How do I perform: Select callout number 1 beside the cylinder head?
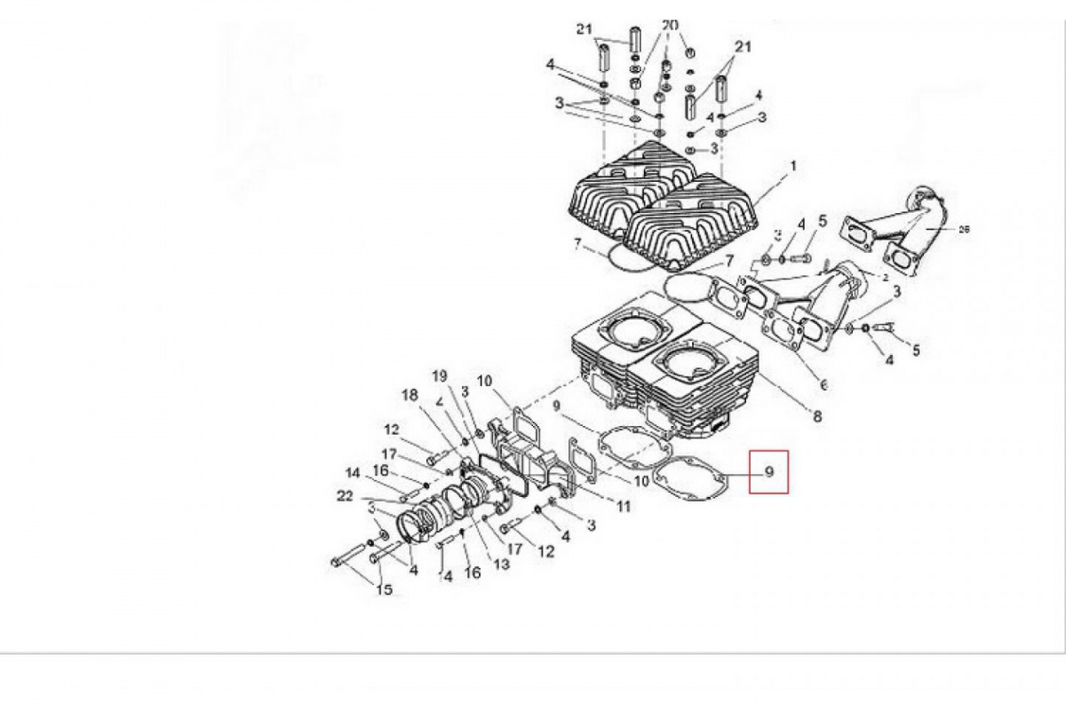click(793, 166)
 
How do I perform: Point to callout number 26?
click(964, 228)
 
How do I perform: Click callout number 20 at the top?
click(670, 24)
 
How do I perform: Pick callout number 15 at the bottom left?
click(384, 590)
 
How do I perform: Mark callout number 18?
click(408, 395)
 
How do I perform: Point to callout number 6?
click(823, 385)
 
